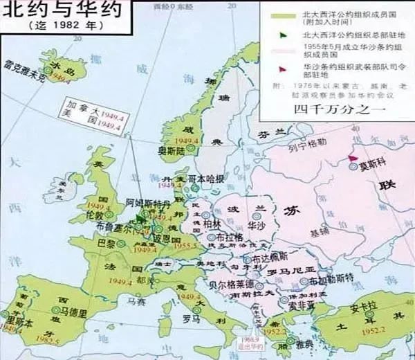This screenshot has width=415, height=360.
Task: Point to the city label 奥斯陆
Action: click(172, 150)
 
